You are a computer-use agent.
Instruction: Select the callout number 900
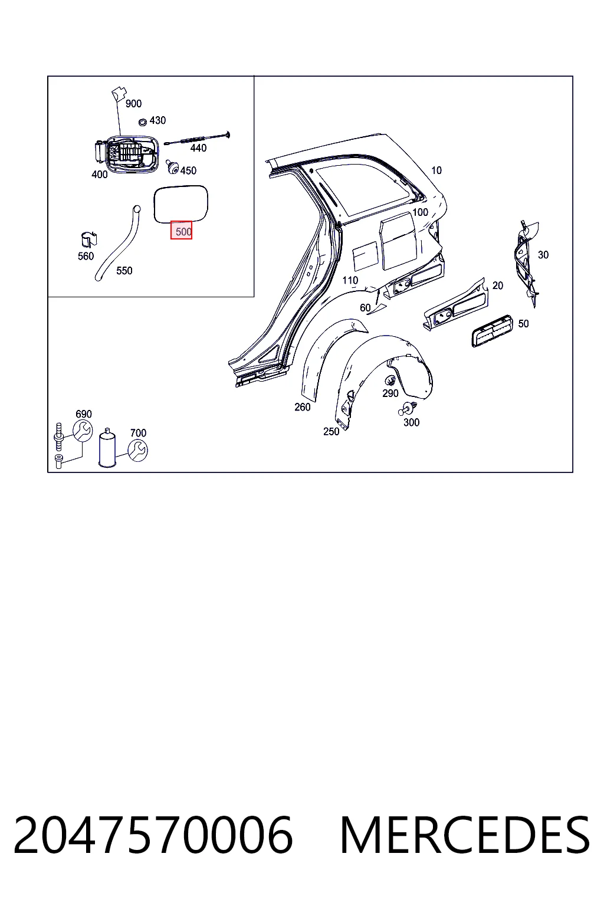[x=133, y=104]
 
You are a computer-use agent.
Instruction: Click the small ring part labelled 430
[x=142, y=122]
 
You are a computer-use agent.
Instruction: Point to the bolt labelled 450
[x=173, y=167]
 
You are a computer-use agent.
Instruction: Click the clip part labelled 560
[x=89, y=240]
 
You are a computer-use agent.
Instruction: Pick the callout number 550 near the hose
[x=124, y=271]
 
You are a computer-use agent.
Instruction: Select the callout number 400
[x=100, y=175]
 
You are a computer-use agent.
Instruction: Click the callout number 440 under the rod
[x=198, y=148]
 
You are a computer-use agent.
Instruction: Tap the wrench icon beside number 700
[x=137, y=451]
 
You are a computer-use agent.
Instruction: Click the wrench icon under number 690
[x=83, y=431]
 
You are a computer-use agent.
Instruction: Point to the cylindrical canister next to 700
[x=107, y=448]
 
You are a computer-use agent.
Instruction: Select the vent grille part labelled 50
[x=493, y=331]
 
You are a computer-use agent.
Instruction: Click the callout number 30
[x=543, y=255]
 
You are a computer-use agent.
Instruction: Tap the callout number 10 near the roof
[x=436, y=170]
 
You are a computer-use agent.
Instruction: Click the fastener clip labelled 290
[x=390, y=381]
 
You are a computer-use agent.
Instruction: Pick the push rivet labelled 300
[x=408, y=409]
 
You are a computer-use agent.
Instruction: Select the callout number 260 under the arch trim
[x=303, y=408]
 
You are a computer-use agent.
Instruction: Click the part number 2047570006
[x=153, y=835]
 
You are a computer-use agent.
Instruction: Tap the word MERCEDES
[x=465, y=835]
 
